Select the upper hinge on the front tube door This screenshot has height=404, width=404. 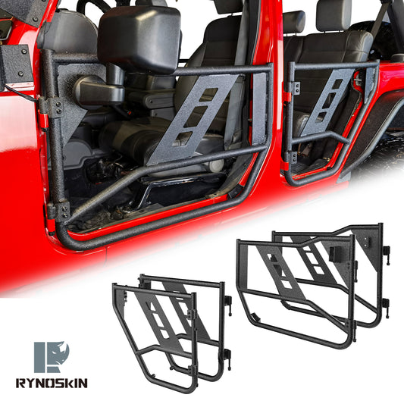[53, 107]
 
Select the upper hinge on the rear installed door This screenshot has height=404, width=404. [290, 88]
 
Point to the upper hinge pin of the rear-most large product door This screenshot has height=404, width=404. [387, 250]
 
